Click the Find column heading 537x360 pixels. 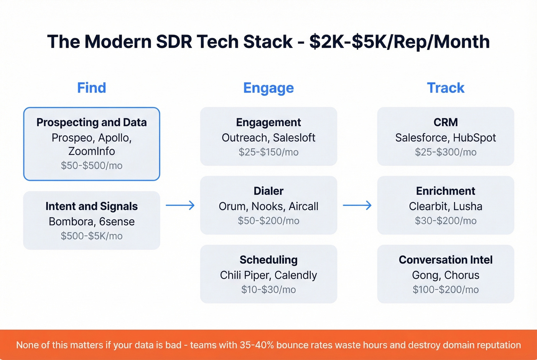coord(91,88)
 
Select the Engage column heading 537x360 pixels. coord(268,88)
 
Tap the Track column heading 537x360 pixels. coord(445,88)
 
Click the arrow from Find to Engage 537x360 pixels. coord(180,205)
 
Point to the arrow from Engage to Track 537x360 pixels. coord(357,205)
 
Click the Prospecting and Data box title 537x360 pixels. coord(91,122)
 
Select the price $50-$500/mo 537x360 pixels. coord(91,166)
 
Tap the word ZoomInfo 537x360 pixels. coord(91,151)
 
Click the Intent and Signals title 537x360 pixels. coord(91,206)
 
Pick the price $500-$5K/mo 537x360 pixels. coord(91,236)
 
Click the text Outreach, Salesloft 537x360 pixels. coord(268,138)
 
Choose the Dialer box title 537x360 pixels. coord(268,191)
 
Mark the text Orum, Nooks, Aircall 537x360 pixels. coord(268,206)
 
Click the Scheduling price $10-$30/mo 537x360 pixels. coord(268,289)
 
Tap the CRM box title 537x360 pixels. coord(445,122)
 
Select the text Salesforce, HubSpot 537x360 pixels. coord(445,138)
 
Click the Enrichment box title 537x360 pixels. coord(445,191)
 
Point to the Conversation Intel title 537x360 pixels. coord(445,260)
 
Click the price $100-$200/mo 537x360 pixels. coord(445,289)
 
